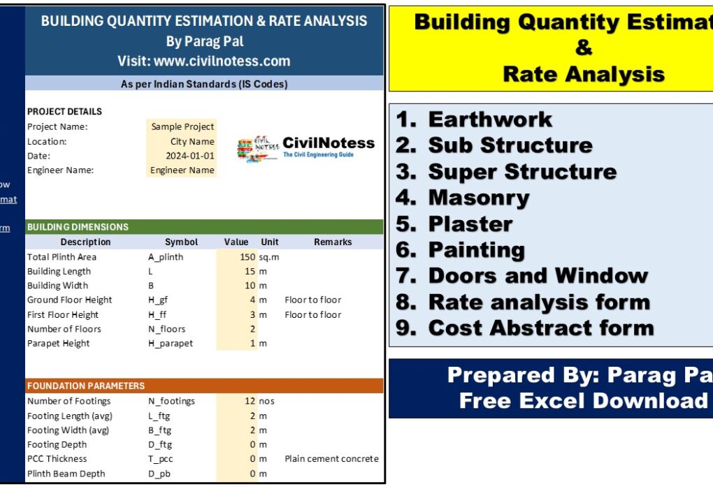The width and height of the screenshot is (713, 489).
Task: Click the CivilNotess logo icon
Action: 257,149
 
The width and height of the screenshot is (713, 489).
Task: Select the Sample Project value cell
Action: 182,126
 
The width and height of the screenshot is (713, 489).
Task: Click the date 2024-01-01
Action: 189,156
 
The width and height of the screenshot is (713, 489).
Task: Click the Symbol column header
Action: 181,242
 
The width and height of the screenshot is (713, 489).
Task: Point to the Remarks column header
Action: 332,242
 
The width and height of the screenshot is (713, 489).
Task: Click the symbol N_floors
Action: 166,329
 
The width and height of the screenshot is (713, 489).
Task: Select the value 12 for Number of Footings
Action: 250,401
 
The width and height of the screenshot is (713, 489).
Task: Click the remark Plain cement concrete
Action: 331,459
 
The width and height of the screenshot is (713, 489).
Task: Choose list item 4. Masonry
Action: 463,198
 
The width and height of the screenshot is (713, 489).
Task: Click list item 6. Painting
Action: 460,249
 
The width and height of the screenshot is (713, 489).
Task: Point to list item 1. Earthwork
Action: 474,119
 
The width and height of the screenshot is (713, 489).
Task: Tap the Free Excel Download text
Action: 583,400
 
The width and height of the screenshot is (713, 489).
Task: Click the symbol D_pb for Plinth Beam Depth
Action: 160,474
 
